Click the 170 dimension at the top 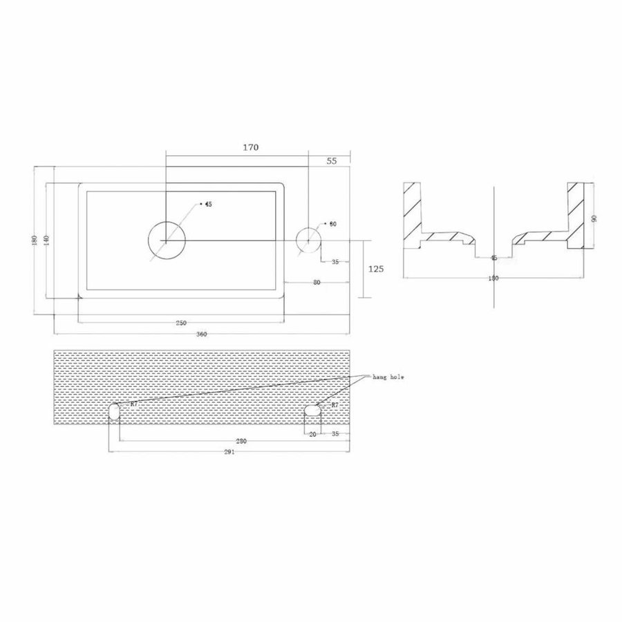coord(250,147)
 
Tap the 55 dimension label coord(331,161)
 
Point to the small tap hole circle coord(308,239)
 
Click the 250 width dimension coord(181,323)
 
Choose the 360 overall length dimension coord(201,334)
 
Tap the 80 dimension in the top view coord(317,283)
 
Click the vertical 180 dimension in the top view coord(35,240)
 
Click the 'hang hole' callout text coord(388,377)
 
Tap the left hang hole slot coord(115,413)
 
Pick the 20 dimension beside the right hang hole coord(312,435)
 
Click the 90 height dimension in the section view coord(594,218)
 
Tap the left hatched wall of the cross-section coord(413,211)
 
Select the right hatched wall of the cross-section coord(575,211)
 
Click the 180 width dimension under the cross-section coord(493,279)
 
